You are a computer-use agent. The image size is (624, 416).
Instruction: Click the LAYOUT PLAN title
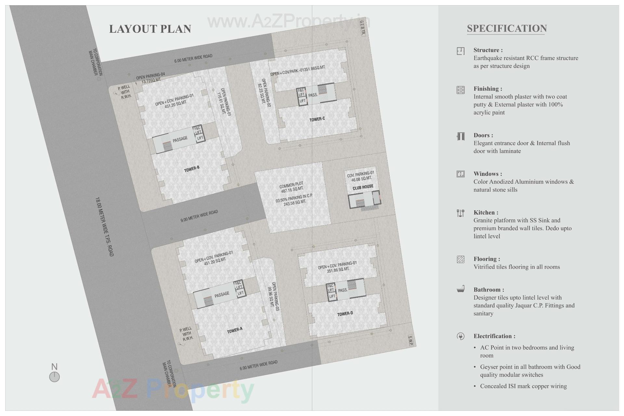click(x=150, y=29)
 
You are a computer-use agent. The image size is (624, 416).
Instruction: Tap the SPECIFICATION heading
click(x=507, y=29)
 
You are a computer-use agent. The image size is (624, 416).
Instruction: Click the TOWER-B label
click(x=191, y=169)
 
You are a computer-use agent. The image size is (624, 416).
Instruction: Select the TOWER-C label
click(x=317, y=119)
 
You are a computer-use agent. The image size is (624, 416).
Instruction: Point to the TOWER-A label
click(x=234, y=331)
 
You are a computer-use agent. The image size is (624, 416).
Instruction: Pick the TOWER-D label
click(x=345, y=314)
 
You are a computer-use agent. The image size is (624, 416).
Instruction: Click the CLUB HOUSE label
click(x=363, y=187)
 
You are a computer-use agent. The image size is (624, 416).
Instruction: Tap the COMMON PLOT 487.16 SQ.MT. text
click(x=292, y=187)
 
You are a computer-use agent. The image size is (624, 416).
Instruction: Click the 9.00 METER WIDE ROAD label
click(x=199, y=216)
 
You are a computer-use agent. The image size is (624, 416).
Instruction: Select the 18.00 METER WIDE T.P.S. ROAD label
click(x=104, y=227)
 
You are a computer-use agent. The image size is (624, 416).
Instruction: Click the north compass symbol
click(x=54, y=377)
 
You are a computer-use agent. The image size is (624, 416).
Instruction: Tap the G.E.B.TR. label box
click(x=363, y=28)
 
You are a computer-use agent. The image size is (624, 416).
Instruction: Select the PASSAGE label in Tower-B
click(x=180, y=139)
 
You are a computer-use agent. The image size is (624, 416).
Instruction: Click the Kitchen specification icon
click(x=460, y=213)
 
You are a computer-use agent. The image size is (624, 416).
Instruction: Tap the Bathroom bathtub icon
click(x=460, y=289)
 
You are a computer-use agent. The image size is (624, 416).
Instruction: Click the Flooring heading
click(x=487, y=259)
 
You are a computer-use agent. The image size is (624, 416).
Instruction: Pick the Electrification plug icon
click(x=460, y=336)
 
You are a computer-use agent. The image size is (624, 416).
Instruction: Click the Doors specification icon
click(x=460, y=136)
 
